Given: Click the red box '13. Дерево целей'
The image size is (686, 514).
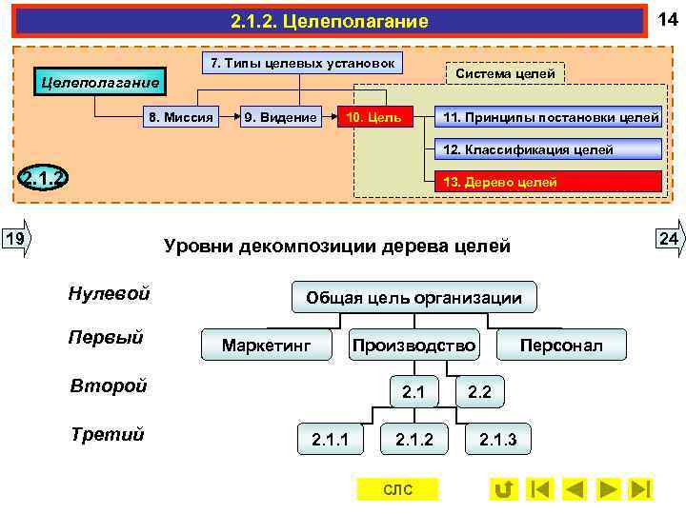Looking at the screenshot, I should click(547, 182).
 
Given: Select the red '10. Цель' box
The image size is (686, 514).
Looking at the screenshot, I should click(375, 117).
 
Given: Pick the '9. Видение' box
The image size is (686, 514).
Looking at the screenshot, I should click(280, 117).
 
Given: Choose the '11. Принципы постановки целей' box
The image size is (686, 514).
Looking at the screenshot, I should click(547, 117).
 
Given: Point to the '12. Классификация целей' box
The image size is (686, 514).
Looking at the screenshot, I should click(547, 149).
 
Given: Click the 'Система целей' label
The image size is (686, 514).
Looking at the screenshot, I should click(505, 73).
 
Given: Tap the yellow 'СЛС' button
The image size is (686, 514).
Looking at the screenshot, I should click(397, 489).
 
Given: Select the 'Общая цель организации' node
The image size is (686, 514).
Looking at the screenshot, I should click(414, 298).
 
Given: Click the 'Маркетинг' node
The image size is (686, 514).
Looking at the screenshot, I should click(267, 345).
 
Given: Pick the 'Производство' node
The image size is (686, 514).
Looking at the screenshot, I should click(414, 345).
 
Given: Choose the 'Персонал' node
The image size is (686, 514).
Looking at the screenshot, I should click(561, 345).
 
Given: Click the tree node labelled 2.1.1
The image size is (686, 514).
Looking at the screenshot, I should click(330, 439).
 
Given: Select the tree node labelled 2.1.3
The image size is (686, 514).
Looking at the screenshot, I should click(497, 439).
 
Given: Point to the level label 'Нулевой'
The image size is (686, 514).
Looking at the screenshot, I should click(109, 293).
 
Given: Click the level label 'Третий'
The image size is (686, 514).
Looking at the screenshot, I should click(108, 434).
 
